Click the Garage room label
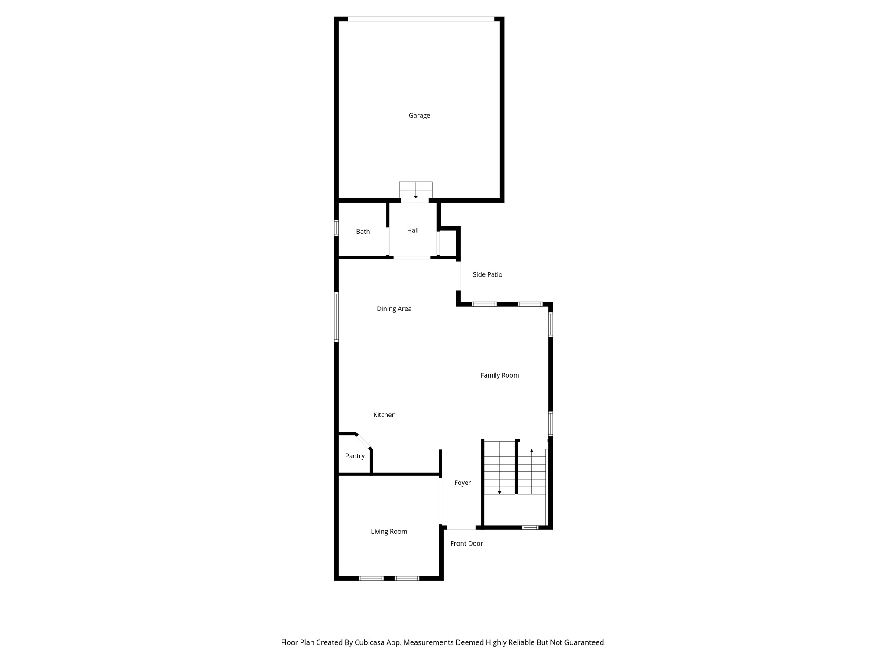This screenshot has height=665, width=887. point(419,116)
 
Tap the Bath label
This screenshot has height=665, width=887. point(363,232)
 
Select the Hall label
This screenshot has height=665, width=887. point(412,231)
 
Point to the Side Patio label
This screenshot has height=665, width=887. point(487,274)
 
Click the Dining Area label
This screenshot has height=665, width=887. point(394,309)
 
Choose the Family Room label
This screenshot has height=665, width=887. point(499,375)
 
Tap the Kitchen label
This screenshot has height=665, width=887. point(384,415)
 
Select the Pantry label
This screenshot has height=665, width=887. point(355,456)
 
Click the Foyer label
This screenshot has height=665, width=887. point(462,483)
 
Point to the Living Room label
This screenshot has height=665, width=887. point(388,532)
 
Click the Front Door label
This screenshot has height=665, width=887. point(466,543)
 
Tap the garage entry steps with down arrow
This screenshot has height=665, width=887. point(416,191)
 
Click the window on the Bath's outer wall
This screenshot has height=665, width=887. point(336,228)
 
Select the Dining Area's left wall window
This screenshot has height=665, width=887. point(336,316)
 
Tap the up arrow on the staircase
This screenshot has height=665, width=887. point(532,451)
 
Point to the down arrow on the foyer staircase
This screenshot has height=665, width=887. point(499,492)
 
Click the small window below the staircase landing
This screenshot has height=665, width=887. point(530,527)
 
